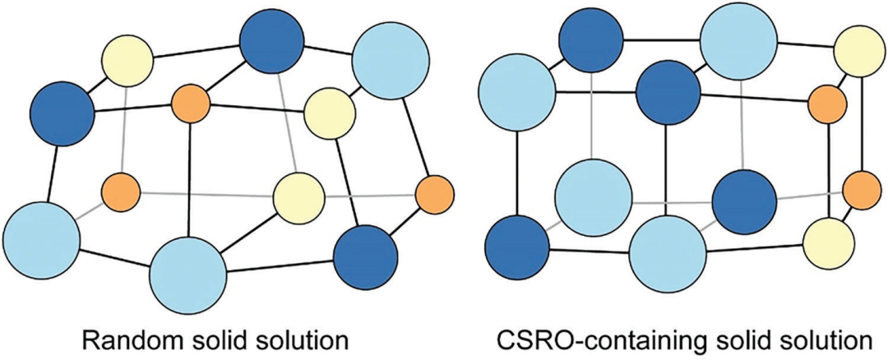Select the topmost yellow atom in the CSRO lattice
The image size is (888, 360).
point(858,50)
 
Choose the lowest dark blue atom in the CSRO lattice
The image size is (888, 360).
point(516,246)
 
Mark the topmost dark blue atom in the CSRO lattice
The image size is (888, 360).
point(590,41)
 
